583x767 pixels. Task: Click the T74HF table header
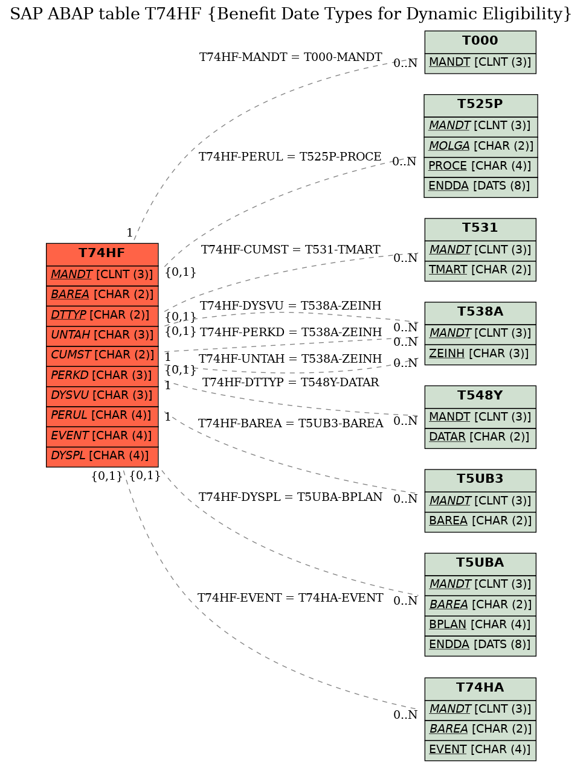101,254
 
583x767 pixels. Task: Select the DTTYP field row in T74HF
101,316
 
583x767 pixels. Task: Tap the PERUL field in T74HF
101,416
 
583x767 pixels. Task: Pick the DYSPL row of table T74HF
101,456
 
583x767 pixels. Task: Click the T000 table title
480,42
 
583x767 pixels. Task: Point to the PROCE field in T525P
480,167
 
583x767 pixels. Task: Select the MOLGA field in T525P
480,147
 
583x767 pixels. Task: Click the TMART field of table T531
480,270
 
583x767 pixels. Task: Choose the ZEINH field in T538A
480,354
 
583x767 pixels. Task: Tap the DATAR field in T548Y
480,438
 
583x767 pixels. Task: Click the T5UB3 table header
480,480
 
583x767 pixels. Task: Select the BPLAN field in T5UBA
480,625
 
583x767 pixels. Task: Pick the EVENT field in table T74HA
480,750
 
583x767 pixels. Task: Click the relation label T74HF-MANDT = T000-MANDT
290,57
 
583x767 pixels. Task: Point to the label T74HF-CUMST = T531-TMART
290,249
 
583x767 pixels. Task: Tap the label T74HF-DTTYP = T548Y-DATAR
290,382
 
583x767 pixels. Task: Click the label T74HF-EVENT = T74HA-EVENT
290,598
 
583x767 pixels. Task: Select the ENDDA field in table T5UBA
480,645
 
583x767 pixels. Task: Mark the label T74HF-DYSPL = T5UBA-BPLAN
290,497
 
